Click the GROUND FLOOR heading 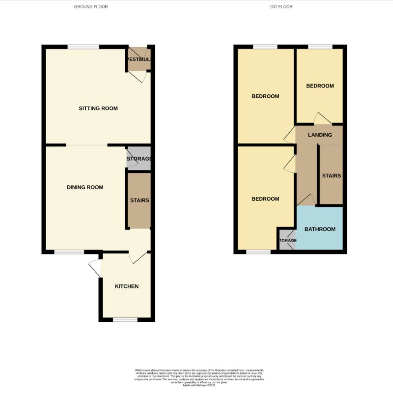(91, 7)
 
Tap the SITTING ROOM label (98, 108)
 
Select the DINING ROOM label (85, 187)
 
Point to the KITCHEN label (127, 286)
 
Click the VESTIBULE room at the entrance (138, 59)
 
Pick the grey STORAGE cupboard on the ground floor (139, 159)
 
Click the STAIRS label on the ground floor (139, 200)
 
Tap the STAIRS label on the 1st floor (331, 175)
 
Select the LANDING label (320, 135)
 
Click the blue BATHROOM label (320, 229)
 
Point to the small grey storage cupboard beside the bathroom (287, 241)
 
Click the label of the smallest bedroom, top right (320, 86)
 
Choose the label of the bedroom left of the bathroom (265, 199)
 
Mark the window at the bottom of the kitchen (125, 320)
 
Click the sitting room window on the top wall (83, 47)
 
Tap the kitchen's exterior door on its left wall (95, 268)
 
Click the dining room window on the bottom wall (69, 252)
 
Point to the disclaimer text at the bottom (199, 378)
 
